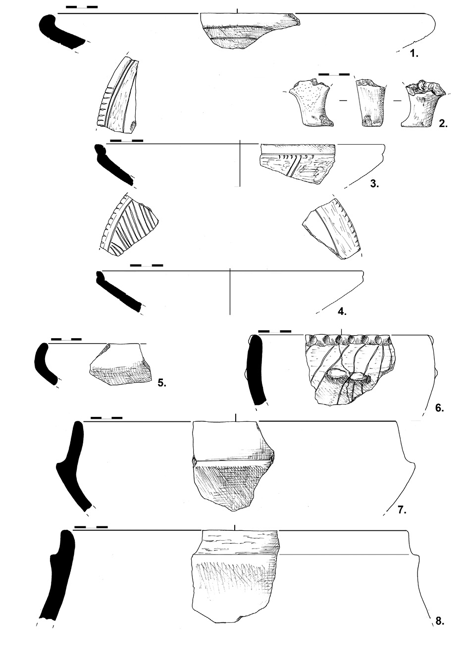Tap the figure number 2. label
[x=443, y=124]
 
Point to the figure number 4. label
[x=342, y=311]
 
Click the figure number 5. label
[x=161, y=382]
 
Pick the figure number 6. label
[x=439, y=408]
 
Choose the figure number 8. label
[x=439, y=621]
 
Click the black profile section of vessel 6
[x=257, y=369]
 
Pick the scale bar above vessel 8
[x=91, y=527]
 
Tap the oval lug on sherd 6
[x=338, y=375]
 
